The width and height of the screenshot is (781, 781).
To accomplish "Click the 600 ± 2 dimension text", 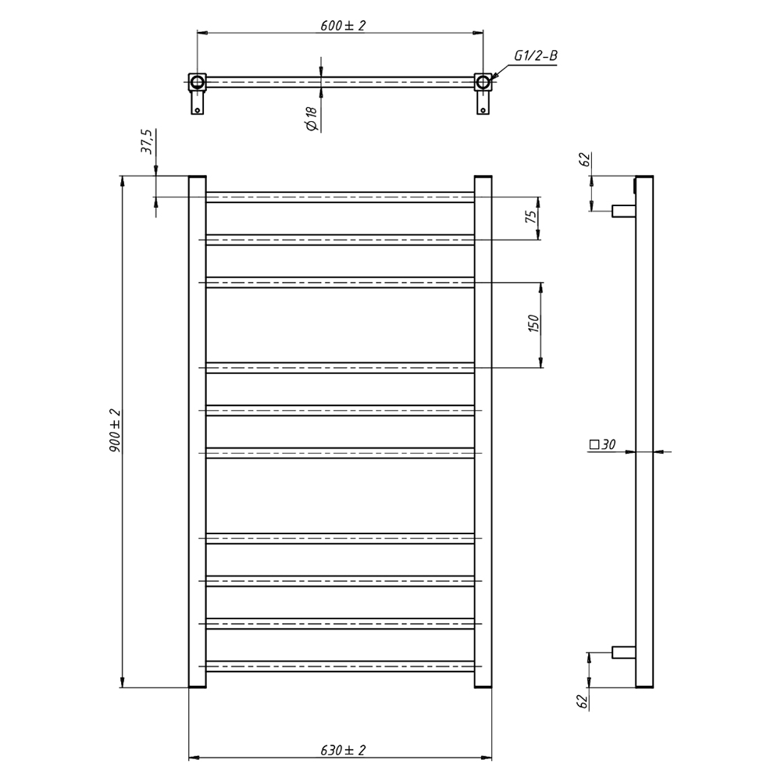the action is click(343, 25).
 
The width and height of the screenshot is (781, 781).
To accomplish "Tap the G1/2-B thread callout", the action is click(536, 55).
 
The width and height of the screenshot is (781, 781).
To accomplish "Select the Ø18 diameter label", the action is click(312, 119).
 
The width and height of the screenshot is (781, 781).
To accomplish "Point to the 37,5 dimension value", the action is click(148, 141).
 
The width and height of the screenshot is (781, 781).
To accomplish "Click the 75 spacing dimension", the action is click(531, 216).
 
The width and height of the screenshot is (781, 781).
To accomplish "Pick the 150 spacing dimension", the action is click(533, 324).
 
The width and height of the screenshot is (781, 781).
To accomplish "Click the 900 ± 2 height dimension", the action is click(115, 430).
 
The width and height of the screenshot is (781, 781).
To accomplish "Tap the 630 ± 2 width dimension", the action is click(343, 750).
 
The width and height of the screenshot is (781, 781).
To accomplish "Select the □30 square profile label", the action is click(603, 444).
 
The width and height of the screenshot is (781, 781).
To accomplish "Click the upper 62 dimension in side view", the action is click(585, 160).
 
